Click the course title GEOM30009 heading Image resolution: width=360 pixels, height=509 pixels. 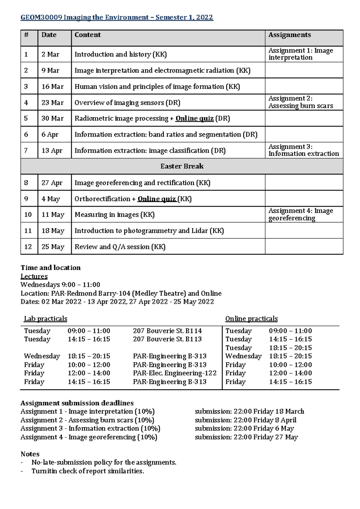coord(116,17)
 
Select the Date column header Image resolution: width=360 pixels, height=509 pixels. coord(49,35)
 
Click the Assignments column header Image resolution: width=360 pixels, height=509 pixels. coord(289,35)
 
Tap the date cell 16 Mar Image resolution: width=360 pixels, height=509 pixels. coord(52,87)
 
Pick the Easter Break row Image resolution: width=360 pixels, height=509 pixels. coord(181,166)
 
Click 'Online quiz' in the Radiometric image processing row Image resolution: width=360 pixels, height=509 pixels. coord(194,118)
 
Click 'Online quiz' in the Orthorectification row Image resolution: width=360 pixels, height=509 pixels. coord(157,199)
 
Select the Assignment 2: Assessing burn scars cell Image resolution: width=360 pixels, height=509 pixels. coord(300,102)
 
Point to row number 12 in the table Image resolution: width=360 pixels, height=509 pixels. coord(28,247)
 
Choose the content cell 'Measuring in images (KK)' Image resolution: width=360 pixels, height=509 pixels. coord(114,215)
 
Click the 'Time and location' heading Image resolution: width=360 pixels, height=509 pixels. coord(50,267)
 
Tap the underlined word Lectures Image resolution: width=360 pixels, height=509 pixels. coord(34,276)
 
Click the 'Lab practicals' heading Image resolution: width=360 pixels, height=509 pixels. coord(45,319)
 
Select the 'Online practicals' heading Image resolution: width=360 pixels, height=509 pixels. coord(251,319)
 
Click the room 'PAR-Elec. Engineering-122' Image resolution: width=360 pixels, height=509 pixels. coord(175,373)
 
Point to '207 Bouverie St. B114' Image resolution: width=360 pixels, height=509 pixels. coord(167,331)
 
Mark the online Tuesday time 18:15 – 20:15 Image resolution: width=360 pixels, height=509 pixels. coord(290,348)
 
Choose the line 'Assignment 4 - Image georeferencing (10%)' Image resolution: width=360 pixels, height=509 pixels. coord(89,437)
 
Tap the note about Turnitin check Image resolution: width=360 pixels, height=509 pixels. coord(88,471)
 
